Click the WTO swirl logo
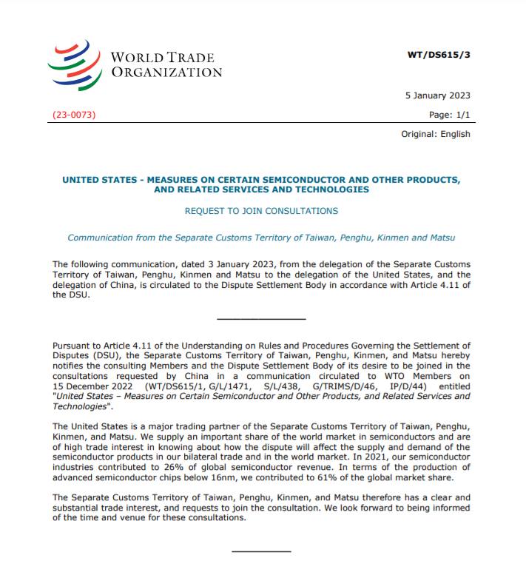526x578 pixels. [x=75, y=64]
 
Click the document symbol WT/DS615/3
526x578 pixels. [x=439, y=54]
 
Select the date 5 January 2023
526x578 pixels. [x=437, y=95]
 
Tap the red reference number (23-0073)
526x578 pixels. [x=74, y=115]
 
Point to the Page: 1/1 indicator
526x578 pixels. [x=449, y=115]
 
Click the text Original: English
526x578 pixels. [x=435, y=134]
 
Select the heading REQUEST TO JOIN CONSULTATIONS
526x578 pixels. [x=261, y=211]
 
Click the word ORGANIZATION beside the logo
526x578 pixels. [x=166, y=73]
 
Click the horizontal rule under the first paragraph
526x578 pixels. [x=261, y=319]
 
